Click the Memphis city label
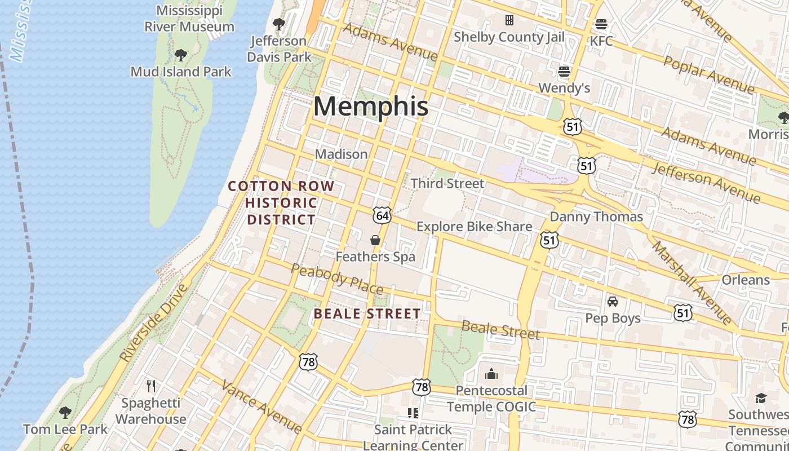(371, 107)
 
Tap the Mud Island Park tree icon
(180, 55)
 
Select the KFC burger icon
(601, 25)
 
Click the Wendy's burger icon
(564, 72)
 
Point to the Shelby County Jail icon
(509, 21)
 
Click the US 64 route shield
(382, 215)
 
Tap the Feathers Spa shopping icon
(375, 241)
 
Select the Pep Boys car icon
(613, 302)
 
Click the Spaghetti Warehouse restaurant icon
(150, 386)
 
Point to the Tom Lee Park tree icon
(65, 413)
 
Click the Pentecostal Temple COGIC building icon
(491, 374)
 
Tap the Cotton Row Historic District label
(281, 203)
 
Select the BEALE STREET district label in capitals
(367, 314)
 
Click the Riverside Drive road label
(153, 323)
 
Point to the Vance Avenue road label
(261, 406)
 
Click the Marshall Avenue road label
(692, 284)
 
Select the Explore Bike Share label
(474, 227)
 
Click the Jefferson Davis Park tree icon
(278, 24)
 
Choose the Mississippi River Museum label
(189, 19)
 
